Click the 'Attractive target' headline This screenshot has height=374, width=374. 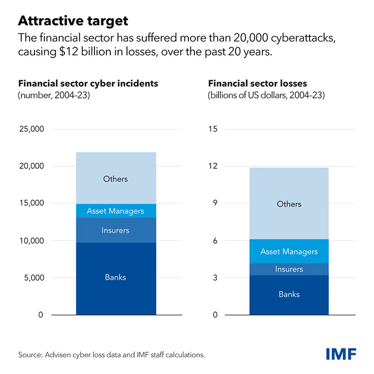[x=73, y=21]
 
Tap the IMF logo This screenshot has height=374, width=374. [x=341, y=353]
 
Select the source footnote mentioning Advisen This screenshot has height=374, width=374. [x=111, y=354]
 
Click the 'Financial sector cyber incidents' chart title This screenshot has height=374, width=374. [x=88, y=83]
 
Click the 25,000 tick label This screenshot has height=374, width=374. [x=31, y=129]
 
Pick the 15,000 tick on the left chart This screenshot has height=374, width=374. [x=31, y=203]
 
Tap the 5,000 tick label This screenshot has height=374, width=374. [x=33, y=278]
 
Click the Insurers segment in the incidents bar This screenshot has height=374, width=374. [x=116, y=230]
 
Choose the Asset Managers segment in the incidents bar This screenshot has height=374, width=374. [x=116, y=211]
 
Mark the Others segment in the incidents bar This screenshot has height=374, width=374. [x=116, y=179]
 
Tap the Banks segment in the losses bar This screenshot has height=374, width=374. [x=289, y=294]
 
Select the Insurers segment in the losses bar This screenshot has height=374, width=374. [x=289, y=269]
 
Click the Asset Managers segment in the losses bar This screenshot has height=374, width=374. [x=289, y=251]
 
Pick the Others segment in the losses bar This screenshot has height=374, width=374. [x=289, y=204]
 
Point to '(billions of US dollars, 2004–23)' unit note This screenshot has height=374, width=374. [x=266, y=95]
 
